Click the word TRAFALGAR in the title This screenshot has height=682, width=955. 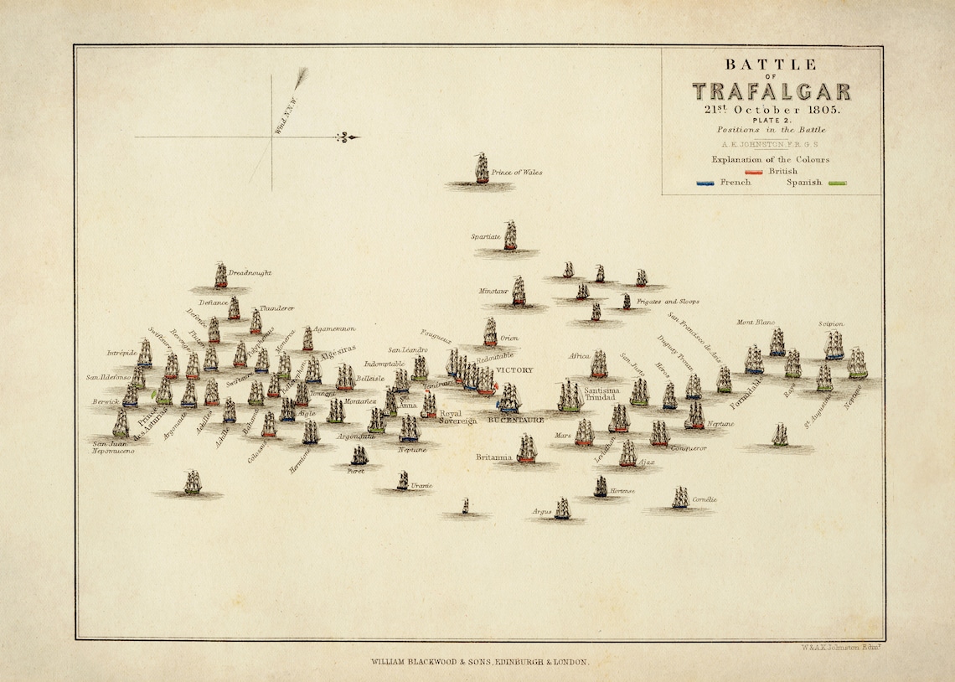coord(771,91)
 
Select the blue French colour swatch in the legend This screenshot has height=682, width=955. coord(706,183)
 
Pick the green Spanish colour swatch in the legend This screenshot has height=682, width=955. coord(837,183)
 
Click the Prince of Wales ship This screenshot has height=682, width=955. coord(482,169)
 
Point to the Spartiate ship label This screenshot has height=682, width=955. coord(485,237)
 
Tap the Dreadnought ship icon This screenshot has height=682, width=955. coord(220,275)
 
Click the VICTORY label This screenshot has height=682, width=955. coord(514,369)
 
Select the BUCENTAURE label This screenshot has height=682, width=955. coord(516,419)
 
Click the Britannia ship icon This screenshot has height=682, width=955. coord(526,449)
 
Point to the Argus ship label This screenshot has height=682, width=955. coord(541,510)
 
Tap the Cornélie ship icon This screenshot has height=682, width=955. coord(679,498)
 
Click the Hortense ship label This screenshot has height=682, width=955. coord(622,490)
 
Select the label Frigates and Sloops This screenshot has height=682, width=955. coord(668,301)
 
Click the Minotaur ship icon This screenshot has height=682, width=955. coord(519,291)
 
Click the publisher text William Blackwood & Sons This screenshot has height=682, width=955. coord(480,661)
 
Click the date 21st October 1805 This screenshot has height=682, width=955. coord(771,110)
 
